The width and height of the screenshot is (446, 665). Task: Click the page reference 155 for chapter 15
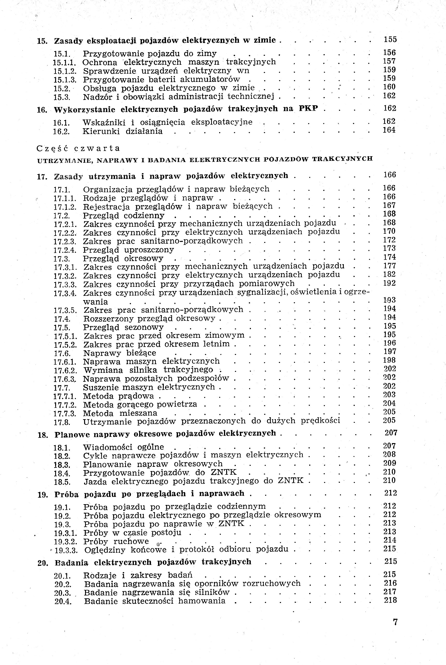pos(390,40)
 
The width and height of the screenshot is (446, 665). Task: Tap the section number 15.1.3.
pos(65,80)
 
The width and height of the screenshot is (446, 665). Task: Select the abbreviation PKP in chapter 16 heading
pos(308,109)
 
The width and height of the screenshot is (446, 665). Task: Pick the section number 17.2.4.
pos(65,250)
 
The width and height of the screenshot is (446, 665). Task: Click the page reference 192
pos(389,283)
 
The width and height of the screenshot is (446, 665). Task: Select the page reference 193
pos(389,300)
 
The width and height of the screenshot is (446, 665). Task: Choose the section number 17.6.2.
pos(65,371)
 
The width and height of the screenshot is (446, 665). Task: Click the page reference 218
pos(390,601)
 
